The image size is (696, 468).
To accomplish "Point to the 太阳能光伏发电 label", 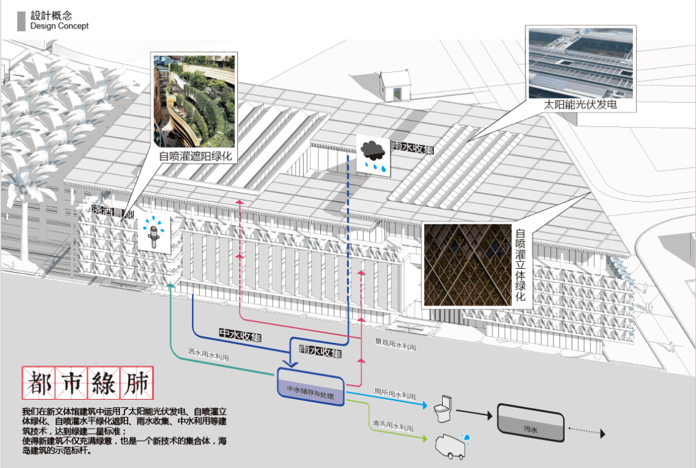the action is (581, 104).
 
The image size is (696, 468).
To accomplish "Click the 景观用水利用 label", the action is (395, 345).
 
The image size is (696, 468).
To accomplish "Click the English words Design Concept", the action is (59, 26).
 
